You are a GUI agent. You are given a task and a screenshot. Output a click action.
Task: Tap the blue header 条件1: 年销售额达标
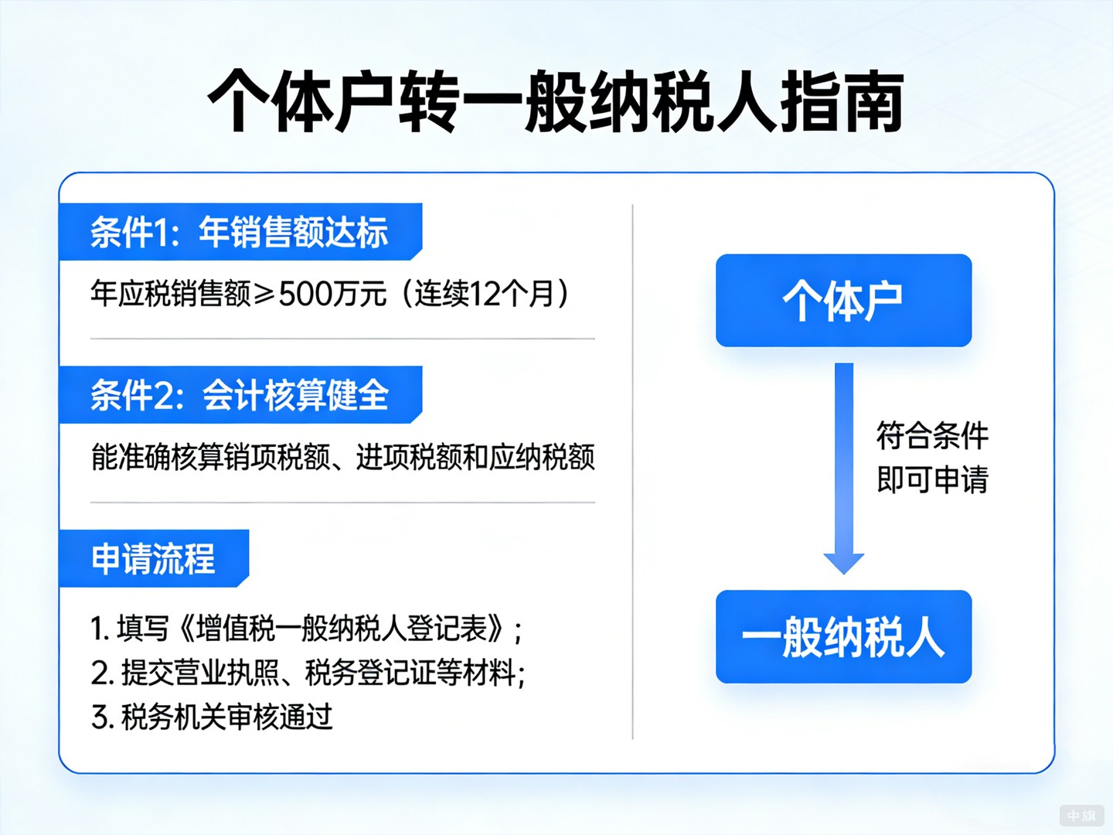point(240,232)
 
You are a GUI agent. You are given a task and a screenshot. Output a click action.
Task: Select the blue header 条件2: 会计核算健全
point(240,395)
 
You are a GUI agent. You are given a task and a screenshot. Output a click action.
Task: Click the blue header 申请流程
point(153,558)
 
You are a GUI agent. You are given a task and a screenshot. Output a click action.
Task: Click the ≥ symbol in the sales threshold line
point(264,295)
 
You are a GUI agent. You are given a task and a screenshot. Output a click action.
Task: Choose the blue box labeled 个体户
point(843,301)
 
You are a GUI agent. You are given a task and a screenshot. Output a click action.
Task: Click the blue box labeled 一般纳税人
point(843,637)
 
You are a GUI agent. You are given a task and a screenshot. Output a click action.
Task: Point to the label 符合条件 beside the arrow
point(932,436)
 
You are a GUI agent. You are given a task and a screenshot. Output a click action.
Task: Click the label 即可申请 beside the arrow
point(932,480)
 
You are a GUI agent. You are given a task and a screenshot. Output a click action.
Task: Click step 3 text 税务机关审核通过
point(212,717)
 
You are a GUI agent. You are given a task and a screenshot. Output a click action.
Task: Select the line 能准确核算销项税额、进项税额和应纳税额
point(342,457)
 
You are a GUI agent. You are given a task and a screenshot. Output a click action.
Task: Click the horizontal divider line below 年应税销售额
point(342,339)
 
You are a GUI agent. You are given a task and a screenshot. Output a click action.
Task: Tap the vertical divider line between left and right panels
point(632,472)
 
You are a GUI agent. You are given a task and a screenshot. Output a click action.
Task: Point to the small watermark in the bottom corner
point(1081,815)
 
